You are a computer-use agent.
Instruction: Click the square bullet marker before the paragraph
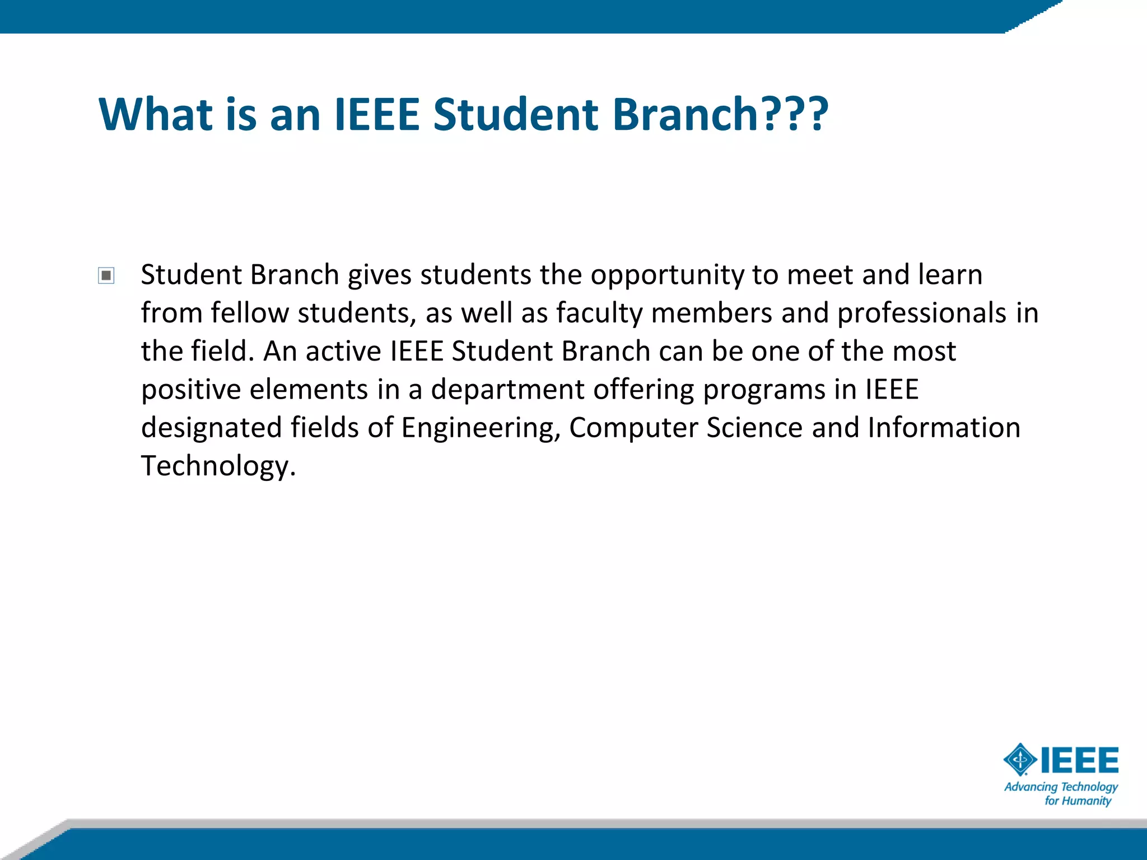106,275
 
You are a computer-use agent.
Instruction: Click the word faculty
599,313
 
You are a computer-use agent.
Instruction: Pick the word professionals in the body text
921,313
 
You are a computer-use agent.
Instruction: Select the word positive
191,390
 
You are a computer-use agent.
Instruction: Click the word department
507,390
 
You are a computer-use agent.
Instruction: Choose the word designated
211,428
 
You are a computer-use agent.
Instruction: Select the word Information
944,428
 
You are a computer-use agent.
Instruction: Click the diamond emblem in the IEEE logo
1020,760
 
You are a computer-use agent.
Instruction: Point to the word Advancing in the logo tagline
1031,787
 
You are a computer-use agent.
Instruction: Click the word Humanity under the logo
1087,801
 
